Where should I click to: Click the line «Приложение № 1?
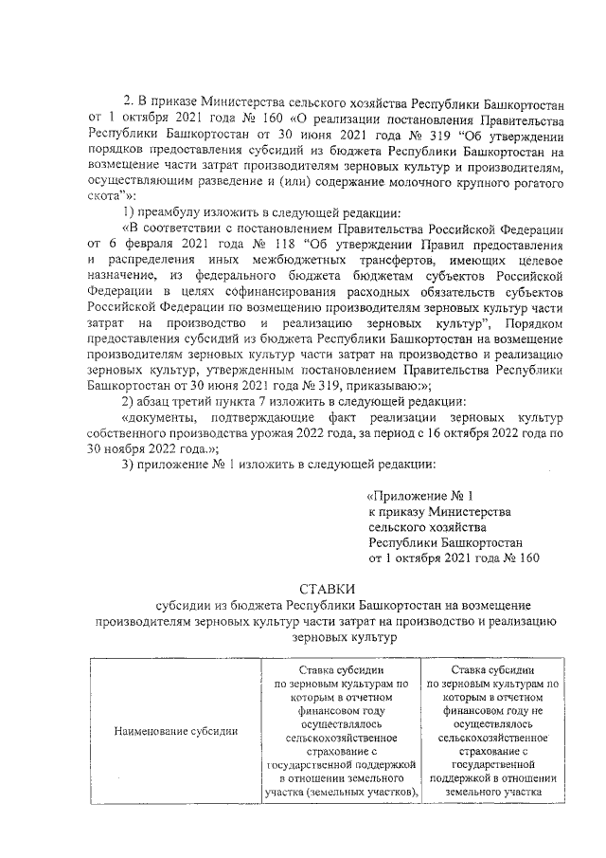[x=419, y=496]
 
